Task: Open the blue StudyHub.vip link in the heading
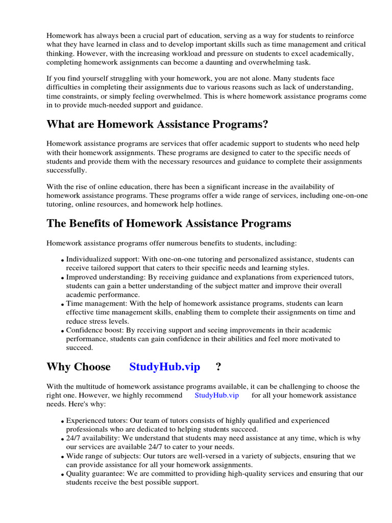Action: (x=164, y=367)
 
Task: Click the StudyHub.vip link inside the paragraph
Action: (x=216, y=395)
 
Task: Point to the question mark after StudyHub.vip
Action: (x=218, y=367)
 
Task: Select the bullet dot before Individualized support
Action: (x=63, y=260)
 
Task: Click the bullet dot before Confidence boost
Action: (x=63, y=331)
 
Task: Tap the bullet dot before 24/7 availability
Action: (x=63, y=439)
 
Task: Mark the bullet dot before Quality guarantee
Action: (x=63, y=474)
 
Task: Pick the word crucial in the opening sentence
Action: (x=134, y=36)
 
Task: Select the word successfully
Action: (x=66, y=170)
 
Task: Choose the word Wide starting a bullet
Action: (x=75, y=456)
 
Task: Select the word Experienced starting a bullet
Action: (x=87, y=420)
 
